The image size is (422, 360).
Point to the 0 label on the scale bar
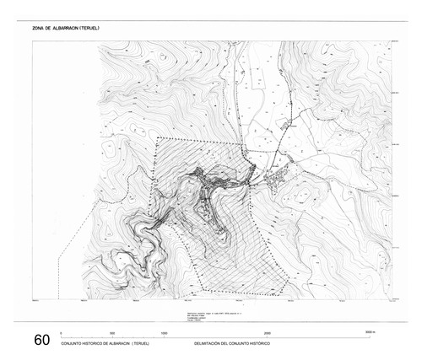pyautogui.click(x=61, y=334)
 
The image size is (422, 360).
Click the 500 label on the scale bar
pyautogui.click(x=112, y=334)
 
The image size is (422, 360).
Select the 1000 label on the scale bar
pyautogui.click(x=164, y=334)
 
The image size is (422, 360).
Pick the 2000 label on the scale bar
pyautogui.click(x=267, y=334)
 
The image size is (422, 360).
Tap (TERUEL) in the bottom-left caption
pyautogui.click(x=140, y=345)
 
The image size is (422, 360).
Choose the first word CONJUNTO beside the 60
pyautogui.click(x=73, y=345)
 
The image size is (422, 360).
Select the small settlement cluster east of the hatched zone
pyautogui.click(x=277, y=178)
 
